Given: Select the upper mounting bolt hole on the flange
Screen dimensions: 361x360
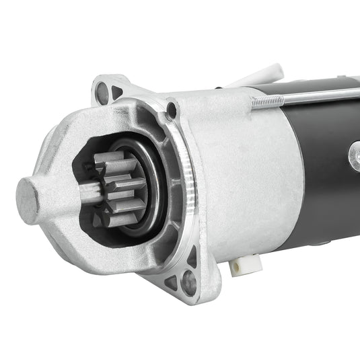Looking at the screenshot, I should tap(102, 93).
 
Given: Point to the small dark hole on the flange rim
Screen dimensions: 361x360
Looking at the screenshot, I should tap(172, 108).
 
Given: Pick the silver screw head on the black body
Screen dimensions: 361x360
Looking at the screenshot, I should tap(354, 156).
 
